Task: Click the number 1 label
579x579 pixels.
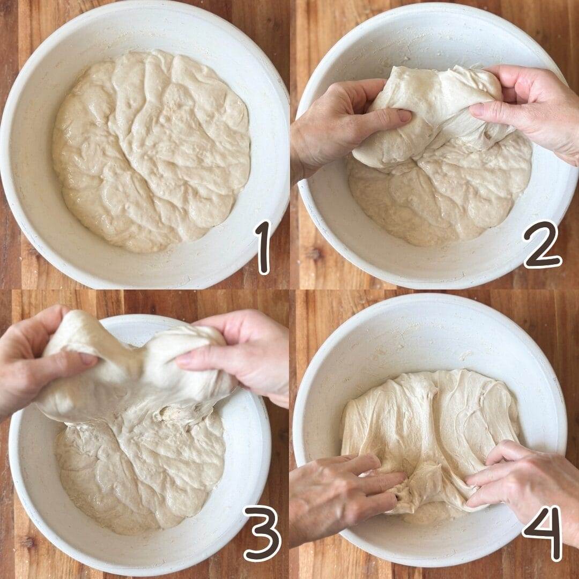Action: [x=263, y=247]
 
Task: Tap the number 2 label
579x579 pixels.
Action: [x=543, y=244]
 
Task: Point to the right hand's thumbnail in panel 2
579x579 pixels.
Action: [x=478, y=110]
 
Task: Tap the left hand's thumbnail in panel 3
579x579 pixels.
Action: [x=88, y=359]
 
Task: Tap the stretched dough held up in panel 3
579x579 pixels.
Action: [x=137, y=373]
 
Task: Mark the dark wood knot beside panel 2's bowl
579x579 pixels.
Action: [x=315, y=254]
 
